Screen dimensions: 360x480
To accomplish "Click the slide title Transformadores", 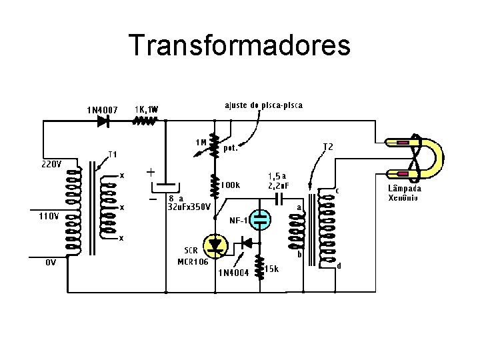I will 239,45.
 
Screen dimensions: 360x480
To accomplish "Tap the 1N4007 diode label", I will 102,109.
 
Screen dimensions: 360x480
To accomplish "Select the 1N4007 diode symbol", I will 103,121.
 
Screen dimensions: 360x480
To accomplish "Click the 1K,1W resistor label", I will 147,109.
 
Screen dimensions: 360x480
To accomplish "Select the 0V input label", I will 51,262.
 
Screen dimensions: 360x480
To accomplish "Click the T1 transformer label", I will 113,154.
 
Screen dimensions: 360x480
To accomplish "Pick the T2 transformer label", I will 328,146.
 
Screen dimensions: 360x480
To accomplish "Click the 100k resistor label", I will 231,185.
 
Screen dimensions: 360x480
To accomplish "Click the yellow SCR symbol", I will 215,245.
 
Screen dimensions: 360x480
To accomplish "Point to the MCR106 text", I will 193,261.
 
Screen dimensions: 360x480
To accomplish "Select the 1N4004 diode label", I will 234,272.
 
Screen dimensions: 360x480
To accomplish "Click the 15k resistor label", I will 271,268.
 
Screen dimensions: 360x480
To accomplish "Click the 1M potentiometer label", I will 201,142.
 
